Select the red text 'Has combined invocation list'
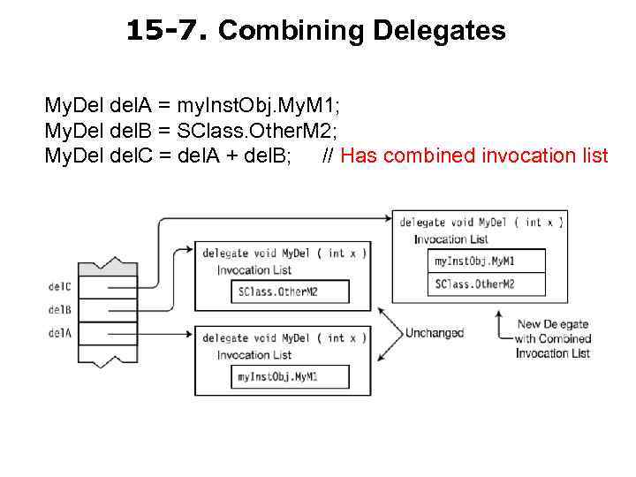(474, 156)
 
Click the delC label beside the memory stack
(60, 286)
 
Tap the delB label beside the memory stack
(60, 309)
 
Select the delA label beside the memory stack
(60, 333)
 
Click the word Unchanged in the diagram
(434, 333)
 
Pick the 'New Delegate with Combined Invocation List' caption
(553, 338)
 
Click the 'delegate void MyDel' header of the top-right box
(481, 223)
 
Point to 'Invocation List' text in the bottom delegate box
(254, 355)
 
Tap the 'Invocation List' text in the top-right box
(450, 239)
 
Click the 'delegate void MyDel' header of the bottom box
(284, 337)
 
